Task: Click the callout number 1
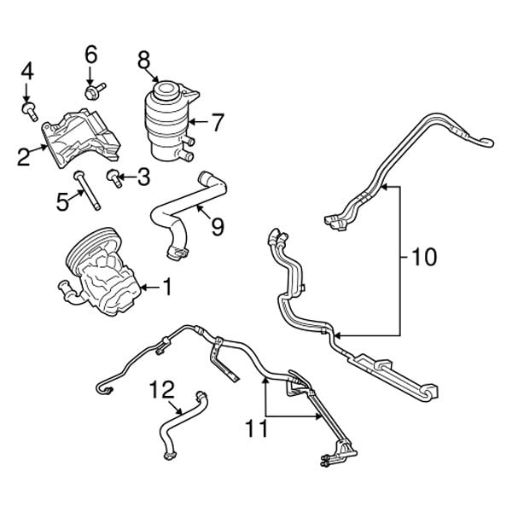167,289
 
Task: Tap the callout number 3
142,177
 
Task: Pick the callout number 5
61,201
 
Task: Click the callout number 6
90,54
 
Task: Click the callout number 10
423,255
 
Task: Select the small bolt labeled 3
113,177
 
